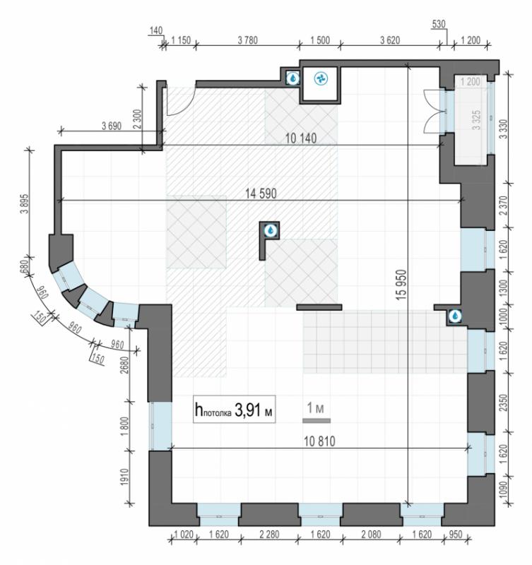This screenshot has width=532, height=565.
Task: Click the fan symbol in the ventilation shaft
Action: tap(321, 78)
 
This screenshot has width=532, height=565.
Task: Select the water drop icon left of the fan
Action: tap(293, 78)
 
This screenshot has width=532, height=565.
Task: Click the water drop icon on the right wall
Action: tap(456, 316)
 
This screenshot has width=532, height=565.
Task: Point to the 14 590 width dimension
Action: tap(261, 194)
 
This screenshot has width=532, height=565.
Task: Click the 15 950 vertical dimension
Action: tap(402, 285)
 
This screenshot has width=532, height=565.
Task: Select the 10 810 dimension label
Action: tap(319, 441)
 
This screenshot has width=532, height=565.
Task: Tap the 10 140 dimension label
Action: tap(301, 138)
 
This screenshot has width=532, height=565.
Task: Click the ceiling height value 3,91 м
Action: tap(253, 410)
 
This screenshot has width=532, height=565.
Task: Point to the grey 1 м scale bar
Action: tap(317, 420)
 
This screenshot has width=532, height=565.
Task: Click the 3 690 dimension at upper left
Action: tap(112, 126)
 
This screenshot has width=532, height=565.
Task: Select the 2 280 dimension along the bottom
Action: tap(269, 535)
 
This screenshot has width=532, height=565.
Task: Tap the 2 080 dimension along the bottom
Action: tap(371, 535)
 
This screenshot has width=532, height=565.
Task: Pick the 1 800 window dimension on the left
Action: tap(125, 427)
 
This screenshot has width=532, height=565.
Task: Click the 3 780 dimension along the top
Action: tap(247, 40)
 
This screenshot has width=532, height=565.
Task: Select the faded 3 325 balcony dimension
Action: tap(476, 120)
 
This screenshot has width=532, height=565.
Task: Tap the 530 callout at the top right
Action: tap(439, 24)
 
